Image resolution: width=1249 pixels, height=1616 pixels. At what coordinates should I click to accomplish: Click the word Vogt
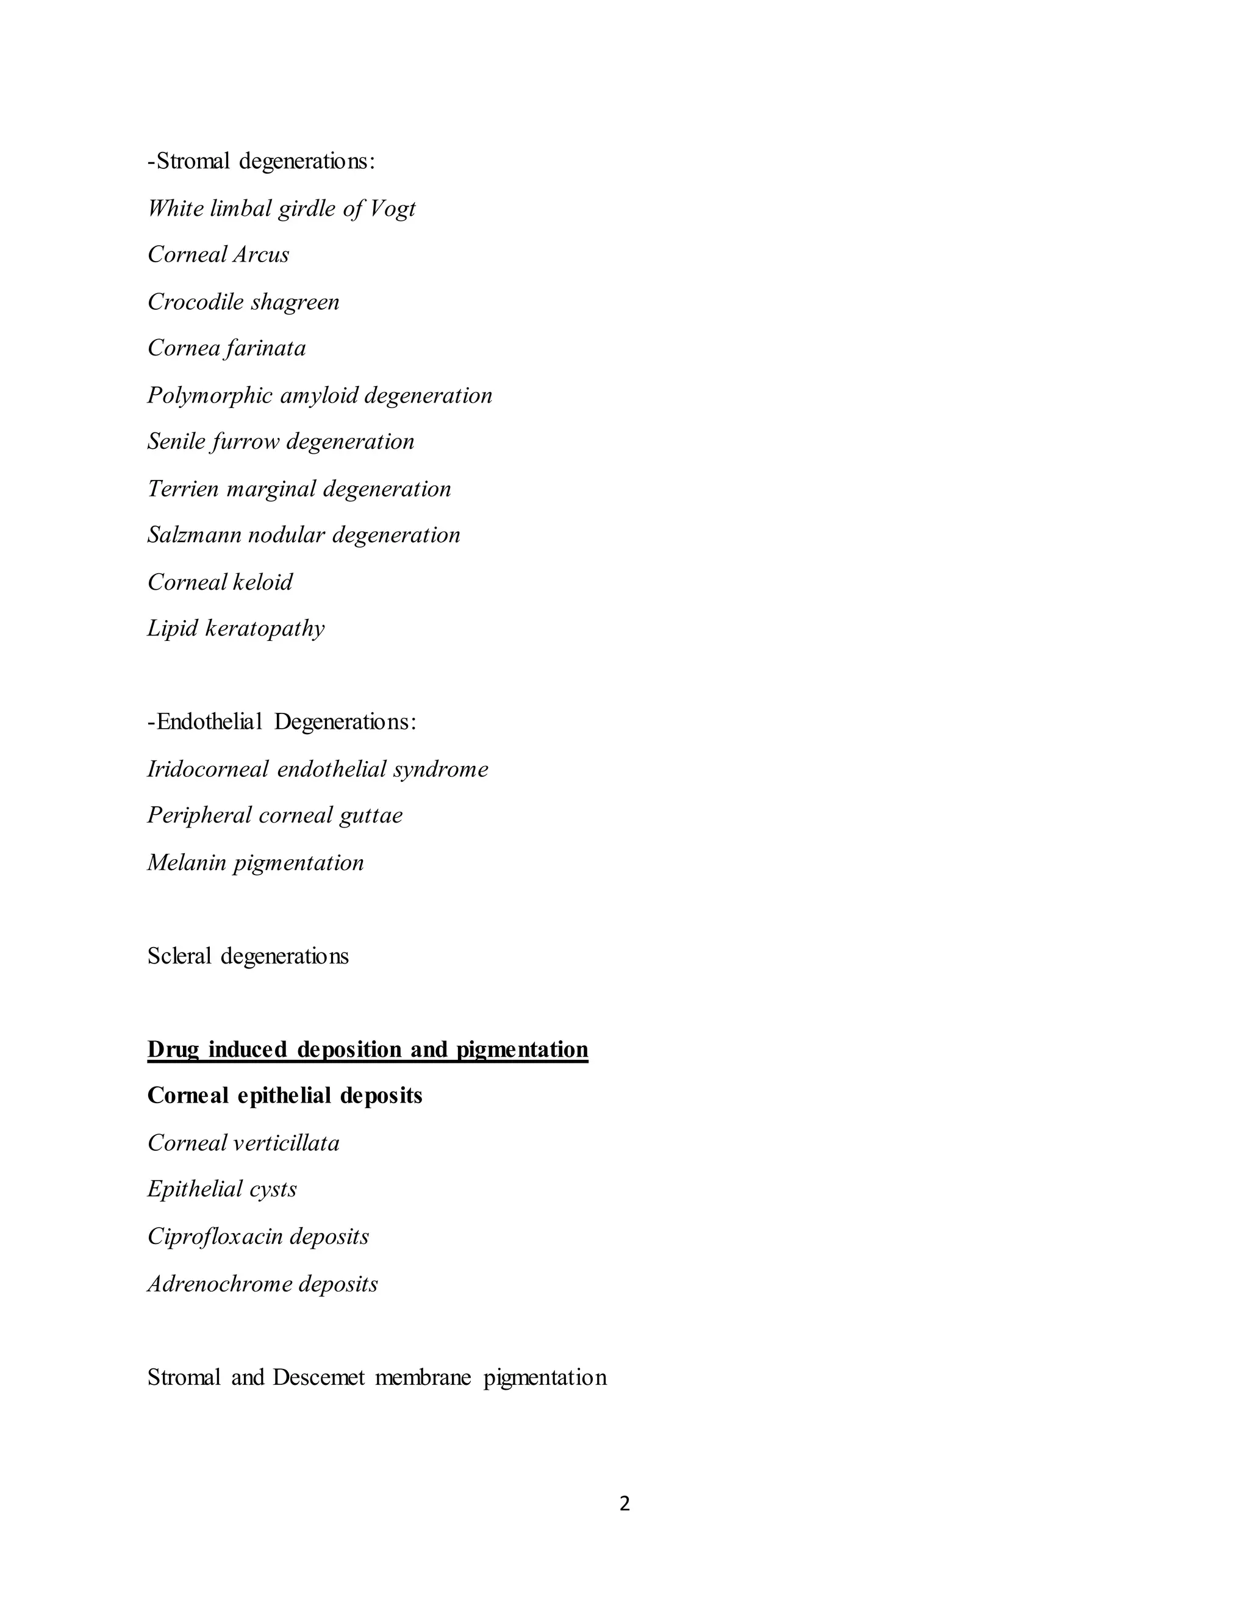click(392, 209)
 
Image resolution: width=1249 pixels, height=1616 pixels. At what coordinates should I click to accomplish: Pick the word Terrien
click(184, 488)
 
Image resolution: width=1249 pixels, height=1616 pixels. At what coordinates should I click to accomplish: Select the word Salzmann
click(194, 535)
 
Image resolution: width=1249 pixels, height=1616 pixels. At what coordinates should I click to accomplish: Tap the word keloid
click(263, 582)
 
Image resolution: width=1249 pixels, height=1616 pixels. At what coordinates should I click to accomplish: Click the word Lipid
click(173, 628)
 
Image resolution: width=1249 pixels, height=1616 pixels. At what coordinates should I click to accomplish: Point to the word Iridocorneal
click(208, 770)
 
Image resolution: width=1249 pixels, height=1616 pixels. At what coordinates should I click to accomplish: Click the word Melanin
click(187, 863)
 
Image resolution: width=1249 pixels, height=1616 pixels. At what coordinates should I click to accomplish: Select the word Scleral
click(180, 956)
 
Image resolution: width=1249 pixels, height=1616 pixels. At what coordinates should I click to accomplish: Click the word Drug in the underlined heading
click(173, 1050)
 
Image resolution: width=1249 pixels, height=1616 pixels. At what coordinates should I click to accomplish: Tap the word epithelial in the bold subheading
click(284, 1096)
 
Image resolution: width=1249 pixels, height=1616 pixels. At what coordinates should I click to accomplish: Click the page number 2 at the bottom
click(624, 1504)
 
